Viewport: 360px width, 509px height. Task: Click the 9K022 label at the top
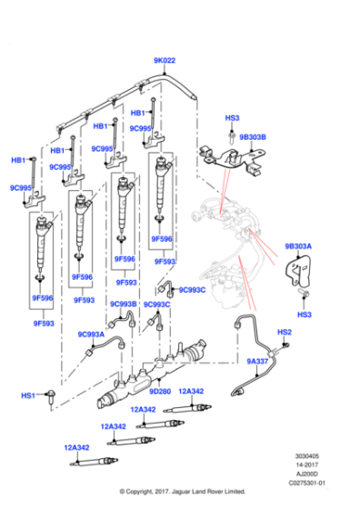tap(164, 61)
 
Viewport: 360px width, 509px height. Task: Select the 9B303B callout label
tap(253, 137)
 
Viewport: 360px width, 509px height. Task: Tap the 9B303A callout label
tap(297, 246)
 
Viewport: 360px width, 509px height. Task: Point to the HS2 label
tap(284, 334)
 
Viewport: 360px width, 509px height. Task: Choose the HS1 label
tap(28, 395)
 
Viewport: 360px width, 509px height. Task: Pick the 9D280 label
tap(159, 392)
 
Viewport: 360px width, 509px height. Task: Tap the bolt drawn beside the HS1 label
tap(55, 396)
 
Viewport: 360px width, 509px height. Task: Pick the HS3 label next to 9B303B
tap(232, 118)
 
